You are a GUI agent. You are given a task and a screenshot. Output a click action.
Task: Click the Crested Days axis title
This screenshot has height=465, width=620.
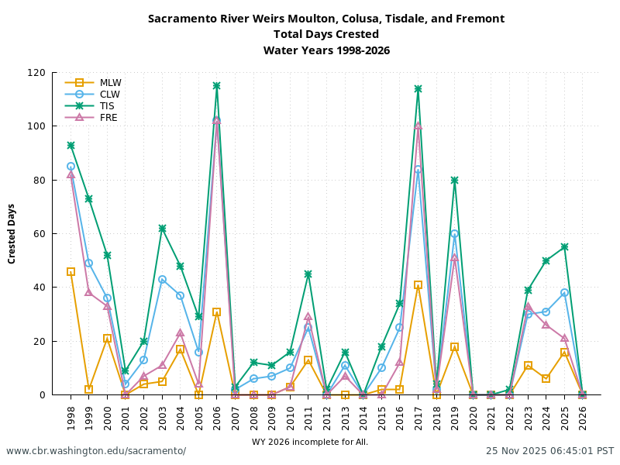(x=12, y=233)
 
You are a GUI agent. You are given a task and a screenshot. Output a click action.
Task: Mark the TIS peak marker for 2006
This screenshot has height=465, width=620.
(x=216, y=86)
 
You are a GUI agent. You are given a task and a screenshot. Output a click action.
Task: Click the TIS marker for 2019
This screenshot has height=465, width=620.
(x=454, y=181)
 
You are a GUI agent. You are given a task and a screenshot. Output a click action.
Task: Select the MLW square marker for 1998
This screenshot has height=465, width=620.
(x=71, y=272)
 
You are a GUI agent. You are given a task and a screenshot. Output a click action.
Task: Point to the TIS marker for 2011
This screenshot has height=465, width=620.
(x=308, y=274)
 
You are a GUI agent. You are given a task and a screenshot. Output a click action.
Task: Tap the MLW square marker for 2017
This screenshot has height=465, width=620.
(x=418, y=285)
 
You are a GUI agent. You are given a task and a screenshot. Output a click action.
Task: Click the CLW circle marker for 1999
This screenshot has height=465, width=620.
(x=88, y=263)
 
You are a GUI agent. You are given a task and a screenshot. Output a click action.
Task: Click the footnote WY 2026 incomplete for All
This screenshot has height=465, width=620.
(x=310, y=443)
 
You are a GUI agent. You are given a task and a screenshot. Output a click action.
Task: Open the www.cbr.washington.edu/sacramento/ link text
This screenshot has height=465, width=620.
(x=96, y=451)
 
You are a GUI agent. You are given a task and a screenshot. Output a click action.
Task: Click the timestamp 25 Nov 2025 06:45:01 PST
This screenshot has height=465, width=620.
(x=549, y=451)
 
